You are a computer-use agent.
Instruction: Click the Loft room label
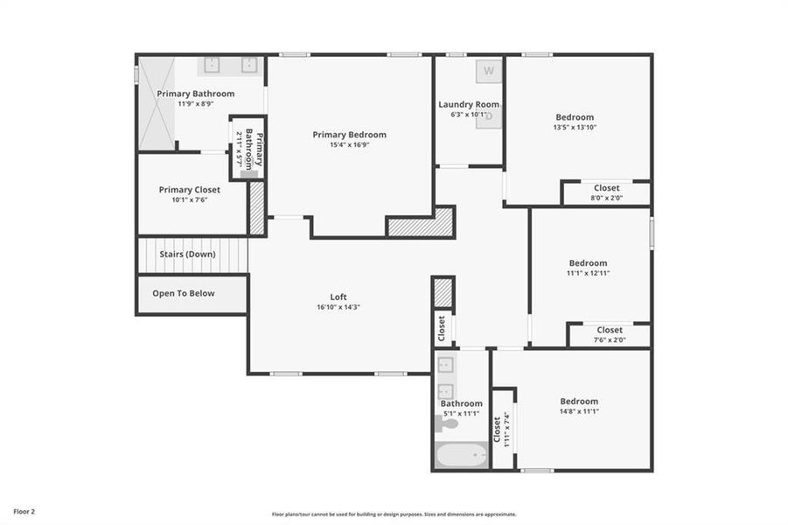(338, 297)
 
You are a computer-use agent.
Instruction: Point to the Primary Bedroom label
(349, 135)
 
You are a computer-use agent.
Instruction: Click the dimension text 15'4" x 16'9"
(349, 145)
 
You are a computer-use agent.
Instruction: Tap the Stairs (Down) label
(187, 255)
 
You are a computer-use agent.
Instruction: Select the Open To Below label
(184, 293)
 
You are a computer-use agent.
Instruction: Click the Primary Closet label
(189, 190)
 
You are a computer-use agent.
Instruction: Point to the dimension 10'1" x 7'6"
(189, 200)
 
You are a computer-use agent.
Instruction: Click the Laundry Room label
(469, 105)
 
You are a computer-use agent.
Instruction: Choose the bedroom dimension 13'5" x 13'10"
(575, 128)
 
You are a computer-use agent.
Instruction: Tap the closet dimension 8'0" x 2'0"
(606, 198)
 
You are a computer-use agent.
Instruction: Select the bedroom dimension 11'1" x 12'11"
(588, 274)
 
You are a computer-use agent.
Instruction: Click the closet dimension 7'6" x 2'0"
(610, 340)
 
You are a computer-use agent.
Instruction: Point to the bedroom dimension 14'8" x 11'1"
(579, 412)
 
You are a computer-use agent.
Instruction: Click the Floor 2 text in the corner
(24, 510)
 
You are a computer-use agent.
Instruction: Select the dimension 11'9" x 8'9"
(196, 104)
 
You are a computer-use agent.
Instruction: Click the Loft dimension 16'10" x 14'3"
(338, 308)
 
